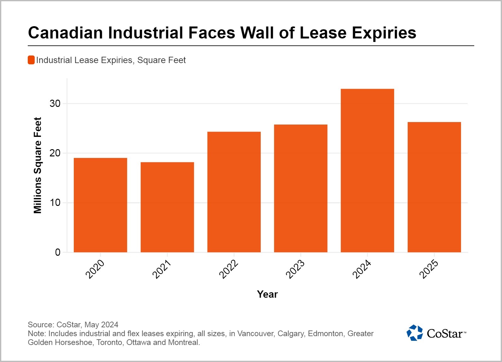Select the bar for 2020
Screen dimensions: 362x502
100,205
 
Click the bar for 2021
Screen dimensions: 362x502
167,207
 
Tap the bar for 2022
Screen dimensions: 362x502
234,192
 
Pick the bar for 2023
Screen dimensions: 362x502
301,188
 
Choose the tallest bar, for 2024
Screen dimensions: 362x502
367,171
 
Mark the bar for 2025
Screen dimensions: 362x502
434,187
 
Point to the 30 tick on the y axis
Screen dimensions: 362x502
55,103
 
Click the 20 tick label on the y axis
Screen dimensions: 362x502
55,153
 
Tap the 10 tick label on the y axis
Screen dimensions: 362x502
55,202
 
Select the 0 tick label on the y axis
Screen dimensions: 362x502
58,252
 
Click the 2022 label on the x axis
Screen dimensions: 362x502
228,269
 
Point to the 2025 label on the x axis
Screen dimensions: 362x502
429,269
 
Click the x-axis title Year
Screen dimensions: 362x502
267,294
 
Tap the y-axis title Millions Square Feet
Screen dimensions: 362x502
38,165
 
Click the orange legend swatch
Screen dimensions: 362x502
31,60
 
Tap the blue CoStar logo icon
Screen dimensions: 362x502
414,333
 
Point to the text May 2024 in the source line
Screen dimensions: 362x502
101,324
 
